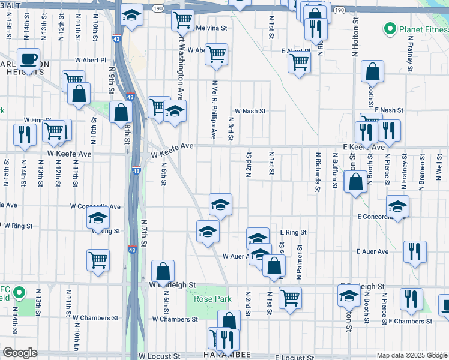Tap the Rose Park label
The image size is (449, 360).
(x=208, y=298)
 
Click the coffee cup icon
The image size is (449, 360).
(x=28, y=59)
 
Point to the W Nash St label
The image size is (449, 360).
(x=250, y=111)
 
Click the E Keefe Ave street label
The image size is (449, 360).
(x=364, y=147)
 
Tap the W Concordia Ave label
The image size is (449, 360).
(x=95, y=206)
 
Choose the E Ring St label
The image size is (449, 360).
(x=293, y=232)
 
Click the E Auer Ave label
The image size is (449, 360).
(x=372, y=251)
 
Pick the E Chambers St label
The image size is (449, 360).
(x=411, y=322)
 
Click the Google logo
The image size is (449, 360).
(x=20, y=353)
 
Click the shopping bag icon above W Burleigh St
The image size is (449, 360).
(x=163, y=271)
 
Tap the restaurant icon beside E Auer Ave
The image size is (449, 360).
(x=415, y=251)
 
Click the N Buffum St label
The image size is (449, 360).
(x=334, y=170)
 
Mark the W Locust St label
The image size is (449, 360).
(x=159, y=356)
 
